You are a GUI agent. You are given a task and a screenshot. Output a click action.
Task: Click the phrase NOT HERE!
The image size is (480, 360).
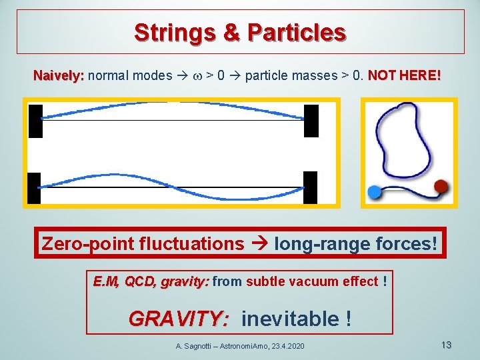click(x=404, y=76)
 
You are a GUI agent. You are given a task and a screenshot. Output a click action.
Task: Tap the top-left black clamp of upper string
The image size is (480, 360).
click(x=35, y=121)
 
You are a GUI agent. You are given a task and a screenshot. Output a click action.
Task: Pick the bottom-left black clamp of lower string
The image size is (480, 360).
click(x=35, y=188)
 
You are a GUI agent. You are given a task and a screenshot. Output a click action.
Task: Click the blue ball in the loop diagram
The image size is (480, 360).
click(x=375, y=192)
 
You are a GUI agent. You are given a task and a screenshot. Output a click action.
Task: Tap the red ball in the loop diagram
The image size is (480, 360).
click(x=441, y=185)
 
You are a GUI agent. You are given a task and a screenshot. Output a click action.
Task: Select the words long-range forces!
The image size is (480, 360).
click(x=356, y=243)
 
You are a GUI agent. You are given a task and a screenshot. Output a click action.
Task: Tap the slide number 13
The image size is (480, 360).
click(x=447, y=345)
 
